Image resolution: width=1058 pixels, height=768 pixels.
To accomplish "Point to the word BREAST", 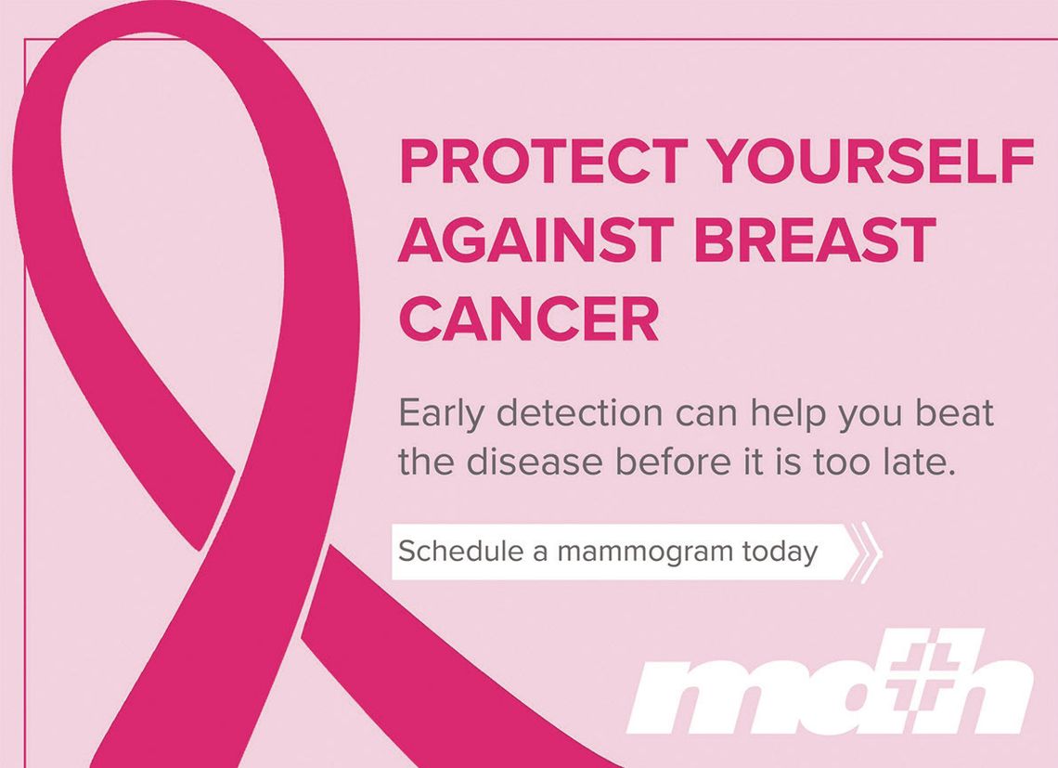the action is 815,240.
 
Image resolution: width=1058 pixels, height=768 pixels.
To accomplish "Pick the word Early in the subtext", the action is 441,413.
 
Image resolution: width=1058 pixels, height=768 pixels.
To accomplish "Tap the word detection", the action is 580,412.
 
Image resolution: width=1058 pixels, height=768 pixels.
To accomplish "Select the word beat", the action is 955,412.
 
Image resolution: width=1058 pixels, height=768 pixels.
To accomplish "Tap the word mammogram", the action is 645,553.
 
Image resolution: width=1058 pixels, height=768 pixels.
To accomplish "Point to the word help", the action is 788,413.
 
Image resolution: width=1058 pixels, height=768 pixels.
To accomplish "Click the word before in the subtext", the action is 674,462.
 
